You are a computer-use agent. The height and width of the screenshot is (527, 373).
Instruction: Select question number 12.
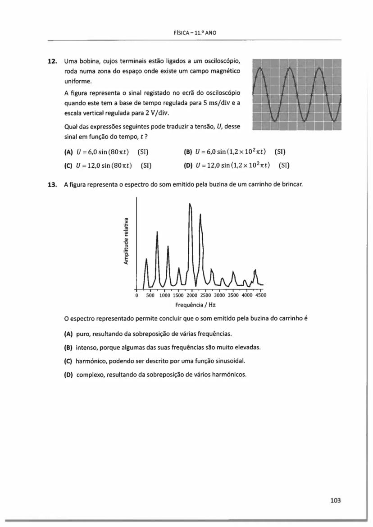53,61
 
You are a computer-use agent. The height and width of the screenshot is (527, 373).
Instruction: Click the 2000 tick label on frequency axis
192,296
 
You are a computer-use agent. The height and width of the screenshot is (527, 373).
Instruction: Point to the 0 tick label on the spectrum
136,296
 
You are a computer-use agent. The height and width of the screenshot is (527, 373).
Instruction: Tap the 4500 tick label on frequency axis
261,296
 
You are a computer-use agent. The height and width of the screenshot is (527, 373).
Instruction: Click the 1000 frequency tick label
164,296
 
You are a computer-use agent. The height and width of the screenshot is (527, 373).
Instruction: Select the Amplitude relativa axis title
127,241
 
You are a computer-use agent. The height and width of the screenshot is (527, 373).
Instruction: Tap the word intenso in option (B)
86,348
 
